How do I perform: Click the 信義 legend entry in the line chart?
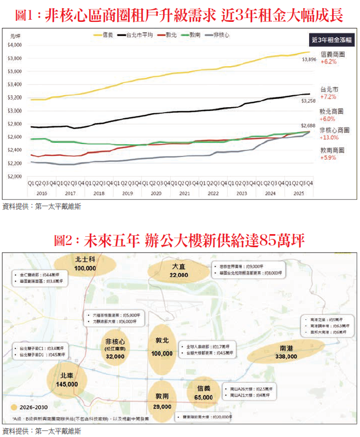pos(103,36)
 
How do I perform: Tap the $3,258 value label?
pos(309,101)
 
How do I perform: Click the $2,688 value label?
pos(309,126)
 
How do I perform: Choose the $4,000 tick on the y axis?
pos(15,45)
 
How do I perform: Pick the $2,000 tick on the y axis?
pos(15,177)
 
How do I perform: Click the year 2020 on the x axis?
pos(156,193)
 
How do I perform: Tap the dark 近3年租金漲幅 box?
pos(330,39)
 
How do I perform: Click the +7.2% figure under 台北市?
pos(328,97)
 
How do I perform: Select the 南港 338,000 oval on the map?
pos(288,352)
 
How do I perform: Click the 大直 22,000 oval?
pos(178,270)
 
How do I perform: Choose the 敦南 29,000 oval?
pos(163,403)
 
